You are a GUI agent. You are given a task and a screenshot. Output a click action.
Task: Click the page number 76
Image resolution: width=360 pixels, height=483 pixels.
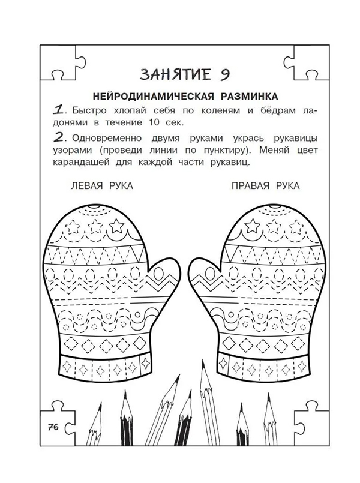click(53, 427)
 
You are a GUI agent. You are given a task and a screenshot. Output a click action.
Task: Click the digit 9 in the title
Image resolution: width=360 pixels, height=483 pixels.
click(225, 75)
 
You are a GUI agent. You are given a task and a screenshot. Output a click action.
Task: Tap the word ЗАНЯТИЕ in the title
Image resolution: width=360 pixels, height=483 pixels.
click(176, 75)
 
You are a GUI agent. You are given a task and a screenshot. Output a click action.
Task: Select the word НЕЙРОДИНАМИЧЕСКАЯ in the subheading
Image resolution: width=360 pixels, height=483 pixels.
click(153, 97)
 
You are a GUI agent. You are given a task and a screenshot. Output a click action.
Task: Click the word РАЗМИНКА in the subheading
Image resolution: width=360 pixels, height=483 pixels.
click(250, 97)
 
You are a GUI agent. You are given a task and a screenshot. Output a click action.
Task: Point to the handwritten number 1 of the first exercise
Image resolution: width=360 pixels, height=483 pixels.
click(59, 110)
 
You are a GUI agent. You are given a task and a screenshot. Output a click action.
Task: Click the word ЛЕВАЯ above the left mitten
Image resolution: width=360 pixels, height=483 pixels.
click(86, 186)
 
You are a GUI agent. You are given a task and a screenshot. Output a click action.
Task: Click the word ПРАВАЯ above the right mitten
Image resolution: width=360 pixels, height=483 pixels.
click(250, 186)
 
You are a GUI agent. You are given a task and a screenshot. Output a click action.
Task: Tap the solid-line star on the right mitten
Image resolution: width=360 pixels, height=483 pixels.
click(253, 226)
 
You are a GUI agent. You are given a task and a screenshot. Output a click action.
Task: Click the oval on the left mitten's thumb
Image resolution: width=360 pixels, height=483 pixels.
click(159, 272)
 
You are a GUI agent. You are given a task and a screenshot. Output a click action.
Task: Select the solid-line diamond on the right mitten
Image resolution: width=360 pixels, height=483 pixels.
click(229, 342)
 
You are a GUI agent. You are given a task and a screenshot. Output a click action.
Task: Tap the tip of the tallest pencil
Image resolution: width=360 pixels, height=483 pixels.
click(203, 361)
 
